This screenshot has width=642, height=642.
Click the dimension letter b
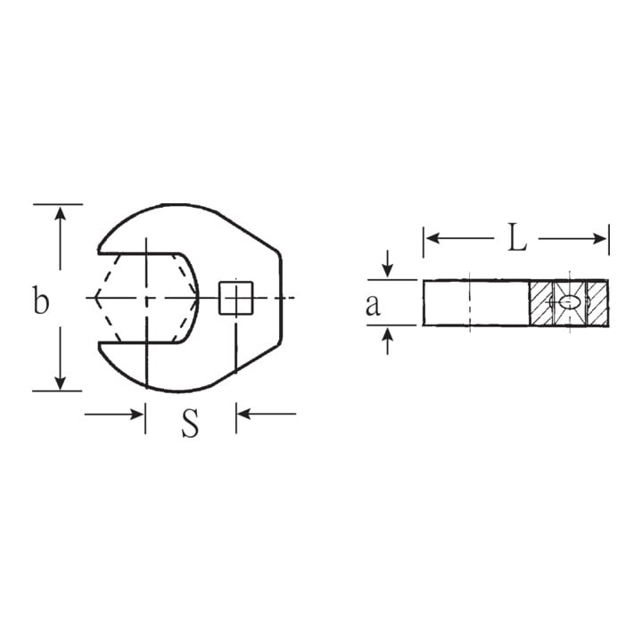[x=41, y=300]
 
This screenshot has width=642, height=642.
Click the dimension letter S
[x=191, y=423]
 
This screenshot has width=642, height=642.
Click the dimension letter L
[x=516, y=236]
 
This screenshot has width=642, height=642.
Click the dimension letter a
[x=373, y=305]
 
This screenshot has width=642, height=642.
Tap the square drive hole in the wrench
[x=235, y=298]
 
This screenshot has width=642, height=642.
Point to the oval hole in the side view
[x=570, y=302]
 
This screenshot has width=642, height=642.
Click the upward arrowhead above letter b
[x=61, y=214]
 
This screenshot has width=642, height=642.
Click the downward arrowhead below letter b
[x=61, y=383]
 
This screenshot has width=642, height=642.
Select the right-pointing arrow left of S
[x=114, y=414]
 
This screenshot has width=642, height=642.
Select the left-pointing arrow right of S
[x=267, y=414]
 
